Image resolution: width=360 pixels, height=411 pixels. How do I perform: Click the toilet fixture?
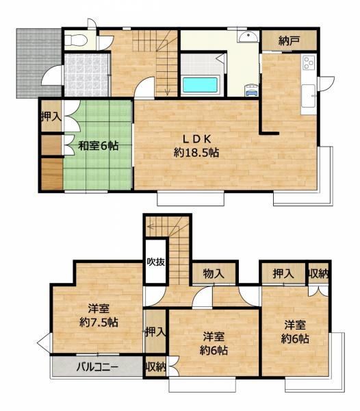[x=75, y=40]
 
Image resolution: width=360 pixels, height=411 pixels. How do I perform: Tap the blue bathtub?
[x=201, y=85]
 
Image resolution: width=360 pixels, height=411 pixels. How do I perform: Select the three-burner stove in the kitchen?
[x=309, y=63]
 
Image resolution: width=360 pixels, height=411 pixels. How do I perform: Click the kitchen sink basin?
[x=309, y=96]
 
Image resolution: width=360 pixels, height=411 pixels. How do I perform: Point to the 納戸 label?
[x=289, y=40]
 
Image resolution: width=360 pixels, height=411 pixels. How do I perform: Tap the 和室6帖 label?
[x=98, y=146]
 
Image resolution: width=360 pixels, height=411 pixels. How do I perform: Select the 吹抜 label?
[x=156, y=262]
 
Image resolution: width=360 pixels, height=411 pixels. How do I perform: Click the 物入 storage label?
[x=214, y=274]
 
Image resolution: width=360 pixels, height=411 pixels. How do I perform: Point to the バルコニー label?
[x=97, y=366]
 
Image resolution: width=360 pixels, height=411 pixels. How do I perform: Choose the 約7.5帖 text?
[x=99, y=322]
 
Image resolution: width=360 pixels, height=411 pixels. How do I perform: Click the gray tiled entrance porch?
[x=39, y=63]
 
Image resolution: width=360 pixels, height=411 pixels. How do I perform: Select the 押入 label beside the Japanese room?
[x=51, y=116]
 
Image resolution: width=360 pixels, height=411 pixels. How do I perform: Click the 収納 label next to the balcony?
[x=155, y=367]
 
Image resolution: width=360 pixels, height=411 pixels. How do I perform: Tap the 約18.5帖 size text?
[x=196, y=152]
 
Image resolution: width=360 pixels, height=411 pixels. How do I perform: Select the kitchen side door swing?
[x=326, y=84]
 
